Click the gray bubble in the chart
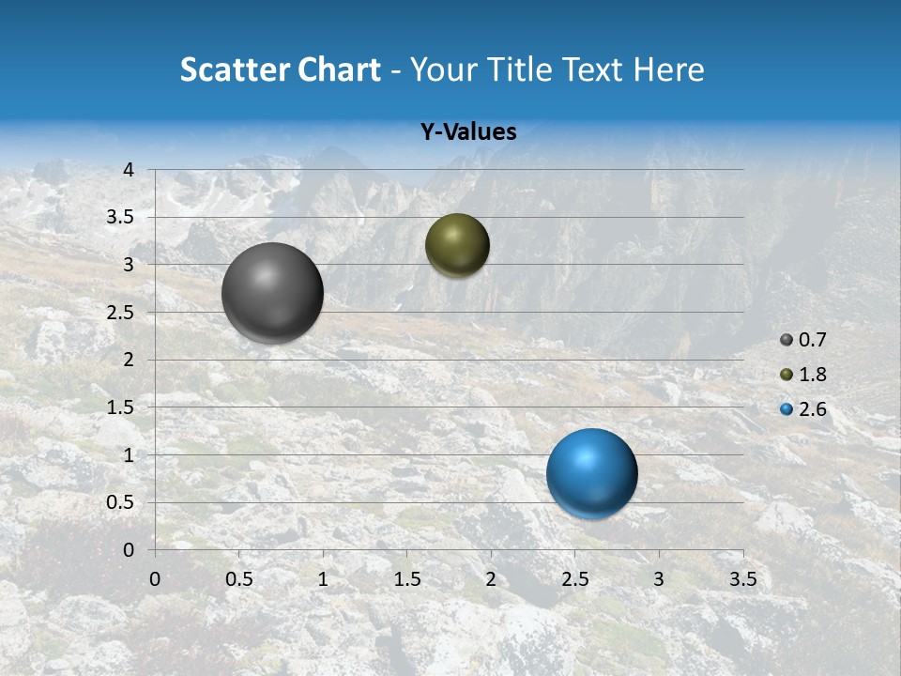(273, 293)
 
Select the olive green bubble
(457, 245)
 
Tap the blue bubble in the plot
(591, 473)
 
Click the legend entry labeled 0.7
(803, 340)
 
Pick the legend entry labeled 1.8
(803, 375)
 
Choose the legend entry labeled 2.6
(803, 409)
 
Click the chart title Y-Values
(468, 132)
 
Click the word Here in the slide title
(668, 69)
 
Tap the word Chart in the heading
(339, 69)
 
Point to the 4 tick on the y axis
(129, 170)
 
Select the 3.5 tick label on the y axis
(120, 218)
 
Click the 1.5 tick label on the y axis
(120, 407)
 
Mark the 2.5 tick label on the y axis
(120, 313)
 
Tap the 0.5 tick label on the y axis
(120, 502)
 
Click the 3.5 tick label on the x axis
(742, 579)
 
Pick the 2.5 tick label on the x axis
(574, 579)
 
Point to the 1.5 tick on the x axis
(406, 579)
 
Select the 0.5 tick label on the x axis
(238, 579)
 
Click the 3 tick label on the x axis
(659, 579)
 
